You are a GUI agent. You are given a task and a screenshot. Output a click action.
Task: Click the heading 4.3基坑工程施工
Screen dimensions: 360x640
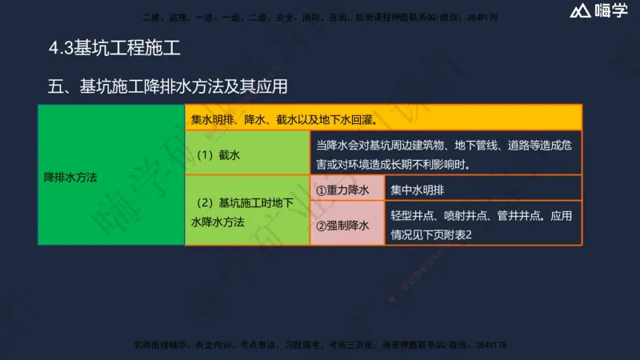pyautogui.click(x=113, y=50)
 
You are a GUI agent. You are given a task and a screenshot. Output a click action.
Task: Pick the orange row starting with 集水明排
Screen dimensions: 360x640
pyautogui.click(x=383, y=118)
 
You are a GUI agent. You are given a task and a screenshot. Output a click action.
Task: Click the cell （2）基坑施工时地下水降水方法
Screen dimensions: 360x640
pyautogui.click(x=246, y=212)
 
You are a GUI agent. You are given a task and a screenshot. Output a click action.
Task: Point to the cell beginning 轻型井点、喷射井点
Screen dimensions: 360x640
pyautogui.click(x=482, y=226)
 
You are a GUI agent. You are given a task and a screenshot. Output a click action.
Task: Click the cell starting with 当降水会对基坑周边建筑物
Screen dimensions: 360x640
pyautogui.click(x=445, y=154)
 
